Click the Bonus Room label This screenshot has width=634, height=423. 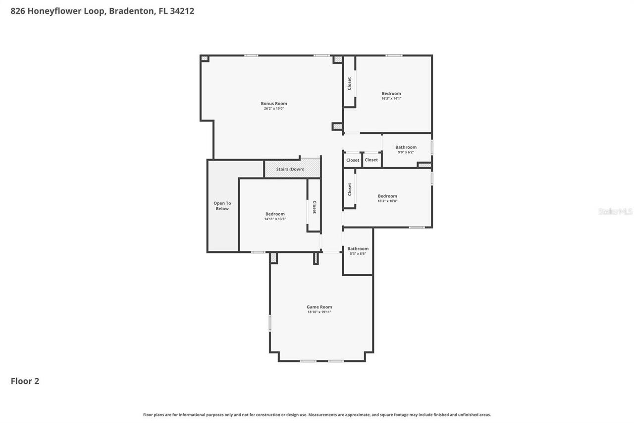[274, 104]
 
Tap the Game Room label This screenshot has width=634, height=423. [319, 307]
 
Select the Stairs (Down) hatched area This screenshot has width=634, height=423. [292, 169]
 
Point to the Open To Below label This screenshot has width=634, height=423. [222, 206]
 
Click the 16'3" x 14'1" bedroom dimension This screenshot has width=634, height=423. [391, 99]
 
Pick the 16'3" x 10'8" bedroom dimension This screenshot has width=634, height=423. [387, 201]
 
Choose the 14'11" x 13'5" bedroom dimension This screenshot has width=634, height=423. [275, 219]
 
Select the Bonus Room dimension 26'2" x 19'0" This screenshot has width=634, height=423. [274, 109]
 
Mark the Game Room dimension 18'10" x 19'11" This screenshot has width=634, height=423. [319, 312]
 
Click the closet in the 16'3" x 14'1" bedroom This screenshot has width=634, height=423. [349, 83]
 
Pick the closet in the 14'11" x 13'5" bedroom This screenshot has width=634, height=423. [314, 207]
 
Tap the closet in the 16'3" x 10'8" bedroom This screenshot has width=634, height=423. [349, 189]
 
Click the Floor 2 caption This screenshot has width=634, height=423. [25, 381]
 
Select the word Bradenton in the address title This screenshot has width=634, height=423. [131, 11]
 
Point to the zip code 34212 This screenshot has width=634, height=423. [182, 11]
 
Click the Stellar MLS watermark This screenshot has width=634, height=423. [615, 211]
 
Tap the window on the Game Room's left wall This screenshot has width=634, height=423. [270, 323]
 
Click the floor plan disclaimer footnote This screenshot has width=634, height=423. [317, 415]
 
